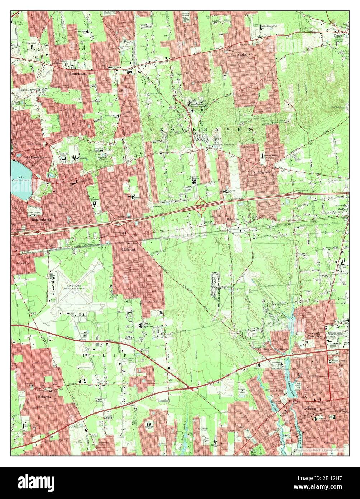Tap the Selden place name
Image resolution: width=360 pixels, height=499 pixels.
point(243,54)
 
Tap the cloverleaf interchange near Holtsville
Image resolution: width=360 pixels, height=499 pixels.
point(200,206)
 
